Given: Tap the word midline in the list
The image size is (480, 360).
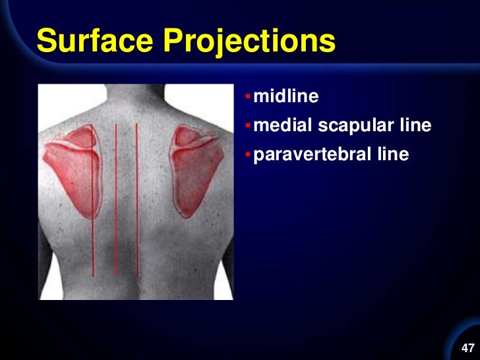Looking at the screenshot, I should (286, 97).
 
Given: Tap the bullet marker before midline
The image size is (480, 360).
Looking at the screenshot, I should (247, 98).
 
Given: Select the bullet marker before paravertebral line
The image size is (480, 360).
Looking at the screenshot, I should (247, 155).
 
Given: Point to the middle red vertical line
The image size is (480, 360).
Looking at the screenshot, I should (116, 198).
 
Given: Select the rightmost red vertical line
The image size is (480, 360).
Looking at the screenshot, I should (136, 198).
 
